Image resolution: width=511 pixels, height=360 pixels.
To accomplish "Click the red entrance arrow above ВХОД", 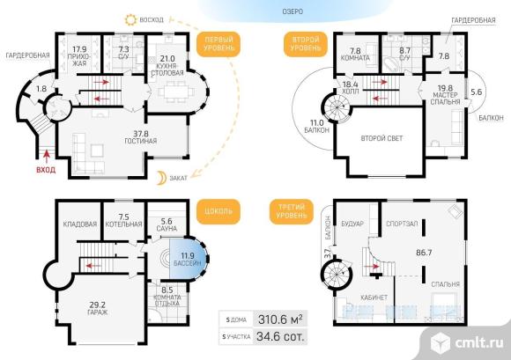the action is click(x=47, y=157).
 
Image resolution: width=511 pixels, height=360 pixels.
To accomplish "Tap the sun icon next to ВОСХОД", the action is click(x=130, y=19).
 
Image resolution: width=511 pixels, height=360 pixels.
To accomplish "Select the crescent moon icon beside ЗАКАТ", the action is click(x=161, y=178).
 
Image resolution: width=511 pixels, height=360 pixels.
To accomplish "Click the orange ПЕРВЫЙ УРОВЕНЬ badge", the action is click(x=218, y=44).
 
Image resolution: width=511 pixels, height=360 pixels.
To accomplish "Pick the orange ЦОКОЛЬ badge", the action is click(x=218, y=211).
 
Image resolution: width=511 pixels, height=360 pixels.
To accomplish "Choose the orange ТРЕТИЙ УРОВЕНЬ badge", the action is click(x=292, y=211).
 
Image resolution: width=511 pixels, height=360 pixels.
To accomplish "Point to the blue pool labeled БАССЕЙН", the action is click(x=189, y=259).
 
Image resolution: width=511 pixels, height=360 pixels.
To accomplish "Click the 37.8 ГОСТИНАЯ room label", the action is click(x=140, y=137).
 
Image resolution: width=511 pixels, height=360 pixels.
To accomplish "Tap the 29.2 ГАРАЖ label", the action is click(x=98, y=309).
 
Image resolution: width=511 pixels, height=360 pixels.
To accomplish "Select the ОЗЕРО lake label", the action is click(x=293, y=11).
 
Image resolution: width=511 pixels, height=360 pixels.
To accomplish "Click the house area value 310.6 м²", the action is click(x=280, y=320).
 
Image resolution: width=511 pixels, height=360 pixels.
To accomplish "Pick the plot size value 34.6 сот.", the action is click(x=280, y=336).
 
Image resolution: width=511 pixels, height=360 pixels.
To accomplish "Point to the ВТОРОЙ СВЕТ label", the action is click(x=381, y=138).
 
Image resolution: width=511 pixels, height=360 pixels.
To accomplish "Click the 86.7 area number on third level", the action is click(x=424, y=253).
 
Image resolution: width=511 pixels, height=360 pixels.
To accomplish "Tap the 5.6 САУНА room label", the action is click(x=167, y=225).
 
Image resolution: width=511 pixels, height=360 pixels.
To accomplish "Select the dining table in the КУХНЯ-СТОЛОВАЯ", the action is click(x=176, y=91).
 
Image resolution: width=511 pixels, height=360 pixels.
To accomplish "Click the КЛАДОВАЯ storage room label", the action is click(x=80, y=224).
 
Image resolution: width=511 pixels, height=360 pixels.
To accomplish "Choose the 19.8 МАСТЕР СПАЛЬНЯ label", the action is click(x=445, y=95).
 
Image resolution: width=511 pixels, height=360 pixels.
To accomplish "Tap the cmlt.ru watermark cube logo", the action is click(x=441, y=342).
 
